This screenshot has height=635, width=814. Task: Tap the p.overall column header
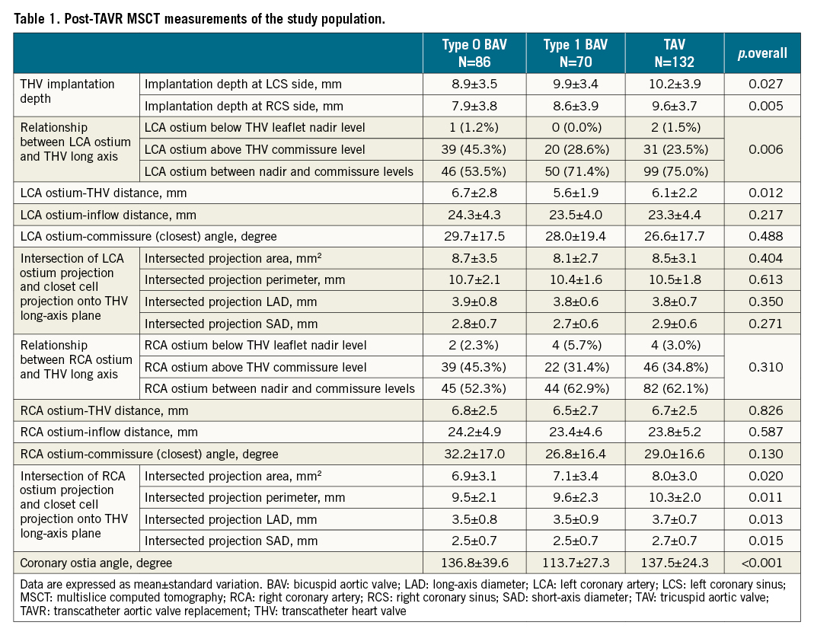(761, 53)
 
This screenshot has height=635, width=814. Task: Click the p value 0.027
(761, 85)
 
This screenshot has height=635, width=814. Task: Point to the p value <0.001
(761, 563)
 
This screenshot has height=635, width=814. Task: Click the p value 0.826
(761, 410)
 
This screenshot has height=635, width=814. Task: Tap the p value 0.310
(761, 367)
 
